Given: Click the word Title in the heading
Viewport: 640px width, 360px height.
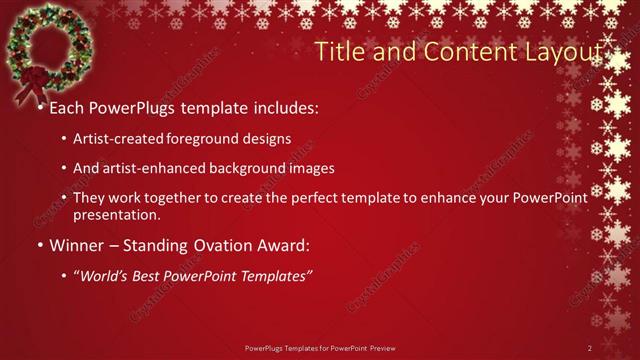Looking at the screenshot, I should (337, 51).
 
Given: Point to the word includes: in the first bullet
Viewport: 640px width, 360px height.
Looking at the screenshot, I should (283, 105).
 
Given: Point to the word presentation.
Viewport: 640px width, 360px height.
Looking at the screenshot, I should (116, 214).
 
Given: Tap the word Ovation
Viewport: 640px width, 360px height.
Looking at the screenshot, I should (235, 244).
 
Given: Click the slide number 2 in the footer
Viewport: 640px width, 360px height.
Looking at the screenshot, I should (590, 348).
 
